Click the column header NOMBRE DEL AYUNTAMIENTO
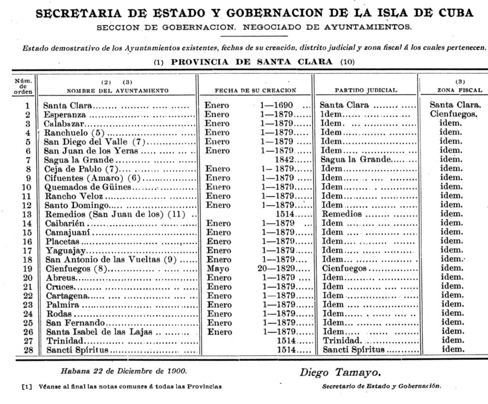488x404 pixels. [x=117, y=90]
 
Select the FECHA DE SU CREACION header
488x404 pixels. [x=255, y=90]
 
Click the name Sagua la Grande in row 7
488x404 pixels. [x=79, y=160]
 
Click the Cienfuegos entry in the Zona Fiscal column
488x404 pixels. [x=453, y=114]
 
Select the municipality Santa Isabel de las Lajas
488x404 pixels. [x=100, y=332]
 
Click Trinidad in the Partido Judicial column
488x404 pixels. [x=343, y=341]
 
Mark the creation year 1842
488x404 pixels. [x=286, y=160]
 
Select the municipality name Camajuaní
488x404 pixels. [x=68, y=232]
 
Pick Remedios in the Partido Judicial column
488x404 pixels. [x=342, y=214]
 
